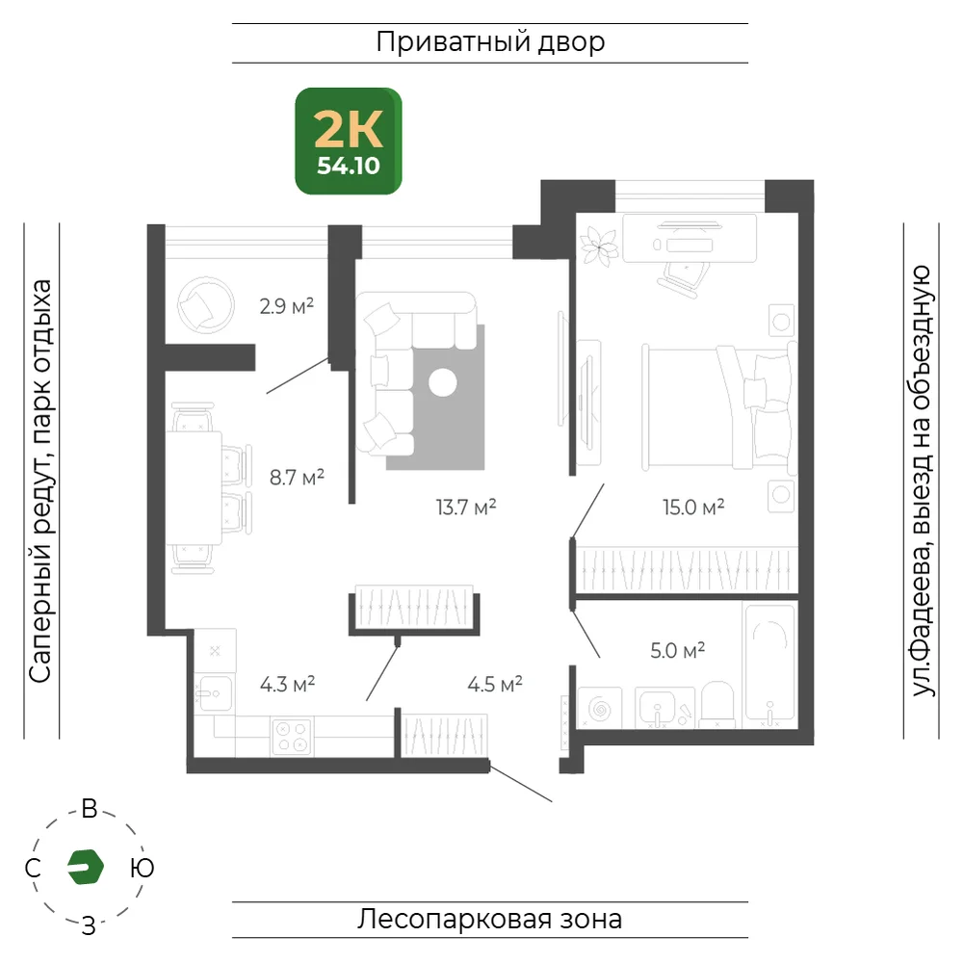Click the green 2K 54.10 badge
coord(349,141)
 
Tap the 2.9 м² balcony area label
coord(287,305)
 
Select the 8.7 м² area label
coord(297,477)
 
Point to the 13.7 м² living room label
coord(465,507)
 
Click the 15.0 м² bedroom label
coord(693,507)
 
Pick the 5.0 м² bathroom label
coord(677,650)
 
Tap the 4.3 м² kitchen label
coord(287,684)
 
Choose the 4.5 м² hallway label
coord(495,684)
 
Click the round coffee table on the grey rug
coord(443,382)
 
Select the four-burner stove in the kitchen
coord(292,737)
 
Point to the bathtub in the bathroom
coord(769,665)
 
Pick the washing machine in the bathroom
coord(600,709)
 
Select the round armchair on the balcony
coord(206,305)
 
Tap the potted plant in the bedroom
coord(599,247)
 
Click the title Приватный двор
coord(490,42)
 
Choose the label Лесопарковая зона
coord(489,920)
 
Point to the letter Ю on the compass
coord(143,868)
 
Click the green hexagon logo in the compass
coord(86,868)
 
